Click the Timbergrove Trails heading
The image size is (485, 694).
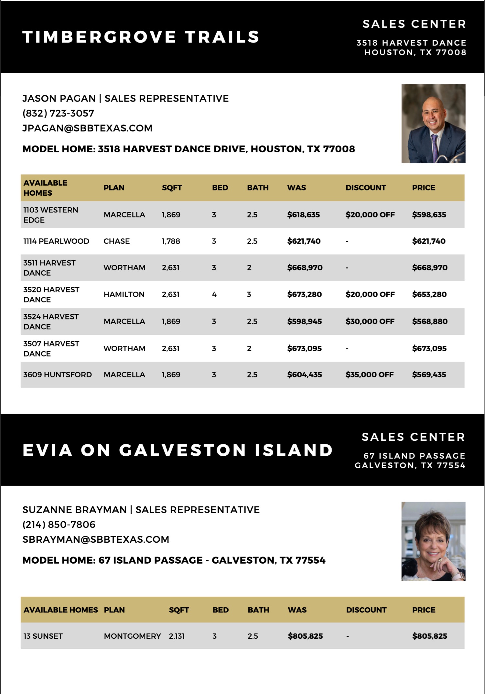[141, 37]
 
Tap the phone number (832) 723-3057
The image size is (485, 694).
[58, 113]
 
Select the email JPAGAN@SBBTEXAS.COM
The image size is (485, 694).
[87, 128]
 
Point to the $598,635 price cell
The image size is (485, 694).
[429, 215]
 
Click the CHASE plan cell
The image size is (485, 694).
[116, 241]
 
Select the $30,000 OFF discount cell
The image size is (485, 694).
[370, 321]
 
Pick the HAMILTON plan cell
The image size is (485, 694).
[124, 294]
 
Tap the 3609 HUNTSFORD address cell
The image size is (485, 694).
[58, 374]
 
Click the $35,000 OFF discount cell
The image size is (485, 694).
[370, 374]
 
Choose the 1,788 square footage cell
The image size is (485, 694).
[171, 241]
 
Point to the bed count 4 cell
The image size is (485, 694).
[214, 294]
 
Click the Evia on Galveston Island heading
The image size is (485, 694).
[178, 450]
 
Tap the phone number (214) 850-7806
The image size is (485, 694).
[59, 525]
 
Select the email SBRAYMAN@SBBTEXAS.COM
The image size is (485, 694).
[96, 539]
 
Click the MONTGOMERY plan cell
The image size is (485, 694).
[132, 636]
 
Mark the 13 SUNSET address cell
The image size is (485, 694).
[43, 636]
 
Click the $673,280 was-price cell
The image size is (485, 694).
[304, 294]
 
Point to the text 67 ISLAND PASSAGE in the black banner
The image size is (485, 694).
[414, 456]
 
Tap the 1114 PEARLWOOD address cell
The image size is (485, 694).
[56, 241]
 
